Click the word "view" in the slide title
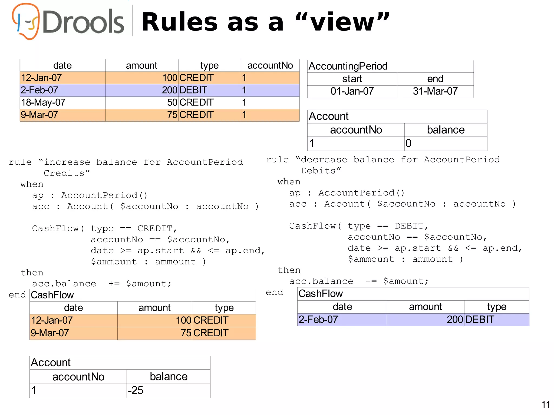point(342,22)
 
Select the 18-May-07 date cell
point(43,102)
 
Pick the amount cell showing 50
point(172,102)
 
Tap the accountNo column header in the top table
point(270,65)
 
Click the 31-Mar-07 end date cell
point(435,91)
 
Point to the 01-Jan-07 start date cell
point(352,91)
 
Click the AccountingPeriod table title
point(348,66)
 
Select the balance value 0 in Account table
point(408,143)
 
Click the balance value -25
point(136,390)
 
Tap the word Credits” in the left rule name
point(67,173)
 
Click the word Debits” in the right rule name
point(321,171)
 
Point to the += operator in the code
point(114,284)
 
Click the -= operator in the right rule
point(371,281)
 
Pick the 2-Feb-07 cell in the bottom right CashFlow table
point(318,320)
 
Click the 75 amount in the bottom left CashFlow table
point(186,333)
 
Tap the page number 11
point(546,405)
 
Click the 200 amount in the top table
point(169,90)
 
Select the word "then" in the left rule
point(32,273)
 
